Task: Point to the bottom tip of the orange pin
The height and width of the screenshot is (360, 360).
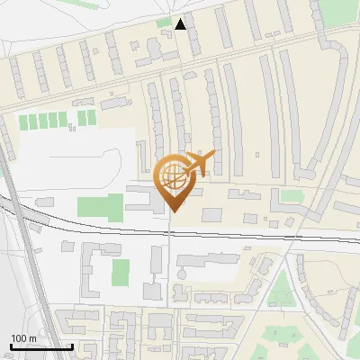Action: point(174,212)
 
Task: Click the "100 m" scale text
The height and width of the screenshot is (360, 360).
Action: point(23,337)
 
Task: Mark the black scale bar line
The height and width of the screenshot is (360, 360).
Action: point(41,346)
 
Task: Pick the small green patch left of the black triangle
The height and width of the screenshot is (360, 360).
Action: point(163,22)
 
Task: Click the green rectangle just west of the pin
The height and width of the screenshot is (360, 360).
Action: point(100,205)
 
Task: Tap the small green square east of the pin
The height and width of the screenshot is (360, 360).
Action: point(291,196)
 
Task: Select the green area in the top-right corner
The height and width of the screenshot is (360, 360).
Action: point(339,11)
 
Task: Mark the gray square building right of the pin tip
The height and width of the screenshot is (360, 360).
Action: point(211,214)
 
